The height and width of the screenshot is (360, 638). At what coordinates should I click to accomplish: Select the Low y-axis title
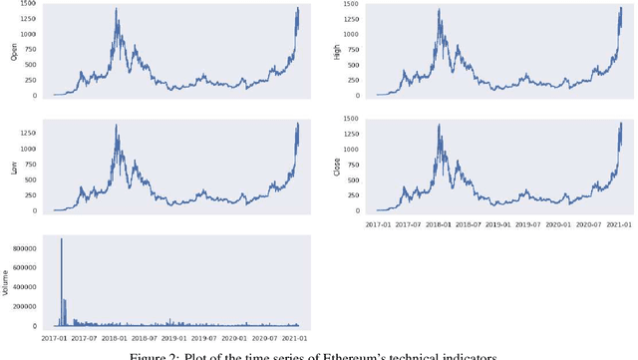(14, 168)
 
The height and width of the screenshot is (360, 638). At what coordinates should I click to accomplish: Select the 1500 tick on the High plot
(353, 5)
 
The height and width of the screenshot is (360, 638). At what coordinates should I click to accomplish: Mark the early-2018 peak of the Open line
(117, 9)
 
